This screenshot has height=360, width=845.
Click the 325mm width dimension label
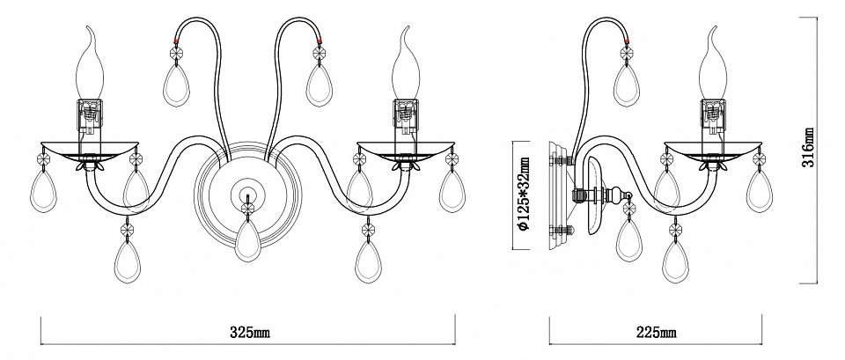click(x=249, y=334)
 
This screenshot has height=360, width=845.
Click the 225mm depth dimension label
click(x=656, y=334)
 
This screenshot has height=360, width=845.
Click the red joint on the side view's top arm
click(x=628, y=40)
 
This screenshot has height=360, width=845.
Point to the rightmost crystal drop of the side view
click(x=760, y=187)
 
